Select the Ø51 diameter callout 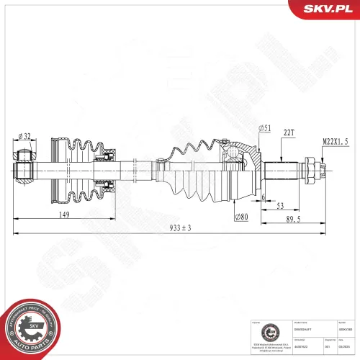(264, 129)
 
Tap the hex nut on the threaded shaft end (313, 171)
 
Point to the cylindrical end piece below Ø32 (25, 170)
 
